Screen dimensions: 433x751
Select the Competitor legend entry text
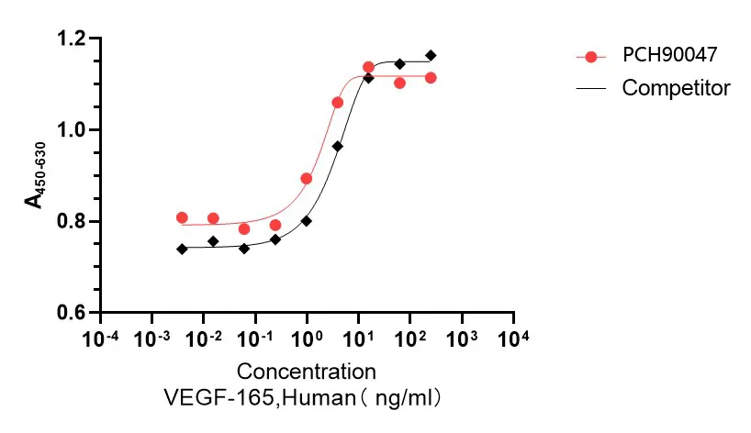[x=676, y=88]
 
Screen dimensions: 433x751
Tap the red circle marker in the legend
[x=591, y=57]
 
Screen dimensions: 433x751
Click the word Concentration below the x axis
[x=307, y=372]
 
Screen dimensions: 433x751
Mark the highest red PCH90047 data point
[x=368, y=67]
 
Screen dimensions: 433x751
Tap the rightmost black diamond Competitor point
[x=431, y=55]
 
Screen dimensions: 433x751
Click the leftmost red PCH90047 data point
[x=182, y=217]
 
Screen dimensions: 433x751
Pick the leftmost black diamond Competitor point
[x=182, y=249]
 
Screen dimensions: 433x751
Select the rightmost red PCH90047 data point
[x=431, y=78]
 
